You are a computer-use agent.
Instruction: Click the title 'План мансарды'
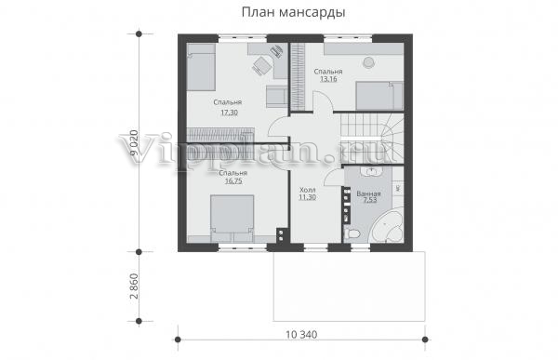click(x=293, y=12)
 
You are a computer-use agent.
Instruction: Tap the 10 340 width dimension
click(x=301, y=335)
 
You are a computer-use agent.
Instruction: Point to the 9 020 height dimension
click(x=134, y=142)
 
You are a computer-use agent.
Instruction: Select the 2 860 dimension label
click(x=134, y=287)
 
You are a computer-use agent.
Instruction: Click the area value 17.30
click(x=229, y=113)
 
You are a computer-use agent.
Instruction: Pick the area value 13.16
click(x=328, y=79)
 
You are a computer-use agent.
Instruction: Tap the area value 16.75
click(x=233, y=180)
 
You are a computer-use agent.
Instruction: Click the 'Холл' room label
click(x=308, y=190)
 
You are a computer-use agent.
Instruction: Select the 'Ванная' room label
click(x=368, y=193)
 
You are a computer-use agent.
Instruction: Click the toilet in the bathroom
click(x=352, y=234)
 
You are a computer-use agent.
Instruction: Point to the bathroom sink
click(x=371, y=172)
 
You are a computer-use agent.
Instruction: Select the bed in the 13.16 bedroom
click(x=379, y=96)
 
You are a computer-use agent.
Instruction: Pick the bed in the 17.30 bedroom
click(x=201, y=67)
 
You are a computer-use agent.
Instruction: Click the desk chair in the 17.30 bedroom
click(x=261, y=65)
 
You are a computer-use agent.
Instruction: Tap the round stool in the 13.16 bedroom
click(x=368, y=62)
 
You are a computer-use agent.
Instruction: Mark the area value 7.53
click(x=370, y=200)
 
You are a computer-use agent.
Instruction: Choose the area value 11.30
click(x=307, y=197)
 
